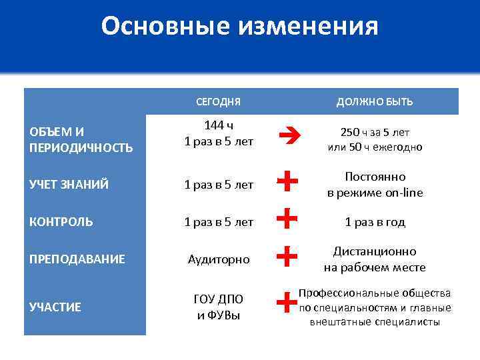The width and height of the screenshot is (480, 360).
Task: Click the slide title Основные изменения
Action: [x=240, y=27]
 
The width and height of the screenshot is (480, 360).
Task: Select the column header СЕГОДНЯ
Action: [x=218, y=102]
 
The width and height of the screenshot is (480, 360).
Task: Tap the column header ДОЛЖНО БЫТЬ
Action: [x=374, y=102]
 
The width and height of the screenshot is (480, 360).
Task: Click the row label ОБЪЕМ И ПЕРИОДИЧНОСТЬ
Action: [x=81, y=139]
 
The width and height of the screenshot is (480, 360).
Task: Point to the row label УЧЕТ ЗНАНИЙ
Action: [x=69, y=185]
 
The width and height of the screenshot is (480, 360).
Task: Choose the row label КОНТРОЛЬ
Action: [x=61, y=222]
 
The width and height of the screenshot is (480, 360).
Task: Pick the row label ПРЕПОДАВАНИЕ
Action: [x=77, y=259]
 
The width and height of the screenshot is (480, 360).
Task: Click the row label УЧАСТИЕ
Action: [x=55, y=307]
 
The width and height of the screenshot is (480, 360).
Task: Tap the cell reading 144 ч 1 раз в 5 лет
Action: [x=218, y=133]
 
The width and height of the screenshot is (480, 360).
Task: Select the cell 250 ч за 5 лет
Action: [x=375, y=139]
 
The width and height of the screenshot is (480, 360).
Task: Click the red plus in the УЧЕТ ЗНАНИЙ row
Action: [x=286, y=181]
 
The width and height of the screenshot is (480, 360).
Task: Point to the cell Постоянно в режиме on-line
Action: [x=375, y=185]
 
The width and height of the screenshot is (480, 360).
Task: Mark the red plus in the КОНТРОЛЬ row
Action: [x=286, y=218]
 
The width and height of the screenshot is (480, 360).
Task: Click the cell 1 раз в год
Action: [x=375, y=222]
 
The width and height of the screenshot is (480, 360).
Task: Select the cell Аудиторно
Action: [x=218, y=259]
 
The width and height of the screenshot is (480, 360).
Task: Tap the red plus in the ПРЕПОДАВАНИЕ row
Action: [x=286, y=255]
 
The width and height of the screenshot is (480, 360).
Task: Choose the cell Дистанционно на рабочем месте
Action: [x=375, y=259]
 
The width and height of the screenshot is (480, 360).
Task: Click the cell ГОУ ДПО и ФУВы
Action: [x=218, y=307]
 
